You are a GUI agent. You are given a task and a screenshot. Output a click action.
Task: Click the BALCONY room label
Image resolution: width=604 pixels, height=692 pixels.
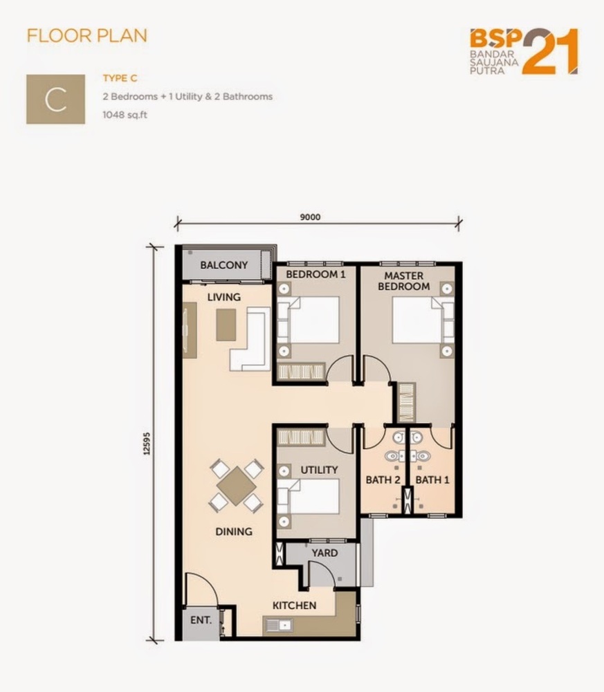[x=223, y=265]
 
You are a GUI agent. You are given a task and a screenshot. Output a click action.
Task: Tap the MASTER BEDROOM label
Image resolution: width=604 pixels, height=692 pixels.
[x=403, y=281]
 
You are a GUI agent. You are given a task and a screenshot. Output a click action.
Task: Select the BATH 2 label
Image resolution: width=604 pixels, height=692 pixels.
[x=383, y=480]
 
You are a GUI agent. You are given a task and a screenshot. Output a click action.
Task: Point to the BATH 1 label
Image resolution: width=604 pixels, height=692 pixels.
[x=432, y=480]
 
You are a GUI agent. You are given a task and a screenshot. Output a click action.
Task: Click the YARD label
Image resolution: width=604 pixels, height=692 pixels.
[x=324, y=553]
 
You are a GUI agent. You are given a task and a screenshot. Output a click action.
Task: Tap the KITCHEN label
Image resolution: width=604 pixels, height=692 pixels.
[x=294, y=605]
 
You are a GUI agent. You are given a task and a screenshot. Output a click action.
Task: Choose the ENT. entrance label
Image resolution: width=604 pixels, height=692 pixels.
[x=201, y=620]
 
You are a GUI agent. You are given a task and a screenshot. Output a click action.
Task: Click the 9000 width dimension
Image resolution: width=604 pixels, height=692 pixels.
[x=310, y=217]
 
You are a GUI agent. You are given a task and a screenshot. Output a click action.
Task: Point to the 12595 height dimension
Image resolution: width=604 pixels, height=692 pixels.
[x=147, y=444]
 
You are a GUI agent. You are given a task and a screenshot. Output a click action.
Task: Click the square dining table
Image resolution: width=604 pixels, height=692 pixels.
[x=237, y=486]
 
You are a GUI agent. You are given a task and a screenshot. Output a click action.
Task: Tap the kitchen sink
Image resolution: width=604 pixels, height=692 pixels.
[x=278, y=625]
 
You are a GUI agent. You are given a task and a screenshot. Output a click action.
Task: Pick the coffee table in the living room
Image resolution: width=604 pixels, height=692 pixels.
[x=226, y=325]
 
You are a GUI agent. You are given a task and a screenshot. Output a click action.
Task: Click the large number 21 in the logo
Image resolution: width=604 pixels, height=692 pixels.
[x=550, y=51]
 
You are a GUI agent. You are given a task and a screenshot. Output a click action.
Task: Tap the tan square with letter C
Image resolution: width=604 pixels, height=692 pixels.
[x=55, y=99]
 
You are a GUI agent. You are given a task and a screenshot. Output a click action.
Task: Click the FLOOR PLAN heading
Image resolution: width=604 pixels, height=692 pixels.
[x=87, y=36]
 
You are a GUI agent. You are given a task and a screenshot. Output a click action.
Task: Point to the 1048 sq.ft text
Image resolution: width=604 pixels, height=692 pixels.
[x=125, y=115]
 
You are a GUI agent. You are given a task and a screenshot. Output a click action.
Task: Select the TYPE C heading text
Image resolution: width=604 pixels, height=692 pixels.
[x=120, y=78]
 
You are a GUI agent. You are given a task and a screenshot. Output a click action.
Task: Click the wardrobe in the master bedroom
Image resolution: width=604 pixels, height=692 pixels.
[x=406, y=403]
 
